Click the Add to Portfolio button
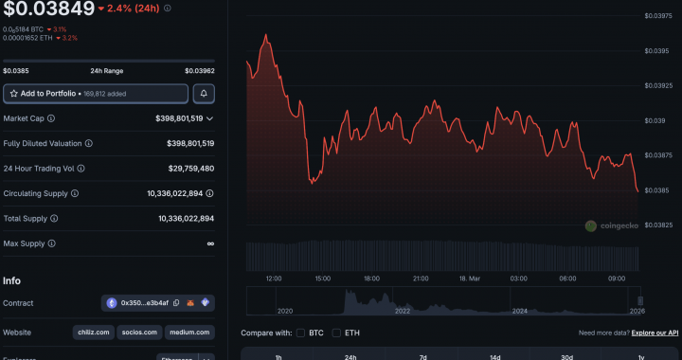pos(95,94)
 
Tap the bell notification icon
pos(204,94)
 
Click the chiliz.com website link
pos(93,333)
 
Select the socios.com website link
pos(139,333)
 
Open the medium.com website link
pos(189,333)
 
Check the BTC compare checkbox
pos(300,333)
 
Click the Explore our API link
pos(655,333)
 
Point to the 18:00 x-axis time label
pos(371,279)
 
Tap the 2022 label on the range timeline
pos(403,311)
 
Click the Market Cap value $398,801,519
pos(184,118)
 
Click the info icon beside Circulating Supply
pos(74,193)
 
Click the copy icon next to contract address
pos(176,303)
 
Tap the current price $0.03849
pos(48,9)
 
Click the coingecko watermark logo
pos(610,225)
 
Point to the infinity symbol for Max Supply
pos(210,243)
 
